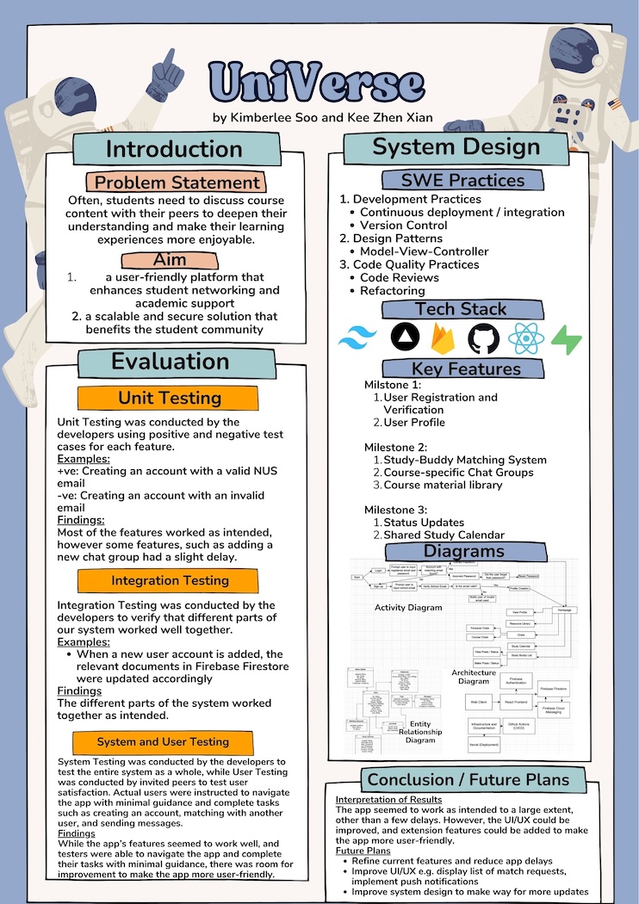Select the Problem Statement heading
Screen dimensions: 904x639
click(177, 183)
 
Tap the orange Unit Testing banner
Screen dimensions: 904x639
click(169, 398)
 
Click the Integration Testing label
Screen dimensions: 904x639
click(169, 580)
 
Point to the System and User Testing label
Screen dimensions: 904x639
click(163, 741)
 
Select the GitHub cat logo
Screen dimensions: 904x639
click(483, 338)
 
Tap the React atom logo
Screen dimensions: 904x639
click(524, 338)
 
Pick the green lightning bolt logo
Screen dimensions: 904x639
click(566, 338)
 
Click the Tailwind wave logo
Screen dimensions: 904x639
click(353, 338)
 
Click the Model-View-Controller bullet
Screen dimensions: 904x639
click(424, 251)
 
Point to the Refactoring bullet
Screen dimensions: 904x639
click(392, 291)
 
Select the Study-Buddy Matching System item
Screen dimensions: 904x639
click(464, 460)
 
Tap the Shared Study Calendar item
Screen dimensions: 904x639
click(444, 535)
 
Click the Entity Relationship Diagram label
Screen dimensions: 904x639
click(420, 732)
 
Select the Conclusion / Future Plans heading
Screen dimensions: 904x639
click(468, 780)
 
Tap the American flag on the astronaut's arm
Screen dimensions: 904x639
click(614, 105)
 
